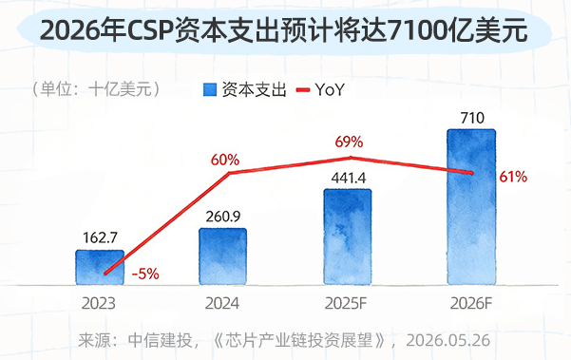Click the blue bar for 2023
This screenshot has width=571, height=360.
tap(100, 267)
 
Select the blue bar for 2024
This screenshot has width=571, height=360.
tap(223, 256)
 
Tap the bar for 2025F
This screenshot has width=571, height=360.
tap(348, 237)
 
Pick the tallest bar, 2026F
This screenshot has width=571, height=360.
tap(471, 207)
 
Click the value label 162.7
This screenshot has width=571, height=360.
tap(100, 237)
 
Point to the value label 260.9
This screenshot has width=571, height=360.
tap(223, 217)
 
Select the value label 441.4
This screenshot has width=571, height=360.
tap(349, 178)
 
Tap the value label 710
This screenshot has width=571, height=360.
tap(472, 118)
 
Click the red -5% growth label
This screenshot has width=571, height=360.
tap(145, 274)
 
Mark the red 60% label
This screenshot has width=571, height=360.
tap(225, 160)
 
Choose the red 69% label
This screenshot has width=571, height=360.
tap(349, 142)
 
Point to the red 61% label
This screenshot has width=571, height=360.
tap(513, 177)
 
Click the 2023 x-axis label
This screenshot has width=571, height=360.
tap(98, 304)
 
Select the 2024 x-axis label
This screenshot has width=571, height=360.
tap(222, 304)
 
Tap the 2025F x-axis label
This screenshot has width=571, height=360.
tap(346, 304)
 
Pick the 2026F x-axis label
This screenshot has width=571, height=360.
tap(471, 304)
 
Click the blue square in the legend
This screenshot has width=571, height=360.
tap(210, 89)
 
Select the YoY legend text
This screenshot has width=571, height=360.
tap(330, 89)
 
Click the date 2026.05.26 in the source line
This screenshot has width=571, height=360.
tap(448, 340)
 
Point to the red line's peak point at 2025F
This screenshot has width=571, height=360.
tap(351, 158)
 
